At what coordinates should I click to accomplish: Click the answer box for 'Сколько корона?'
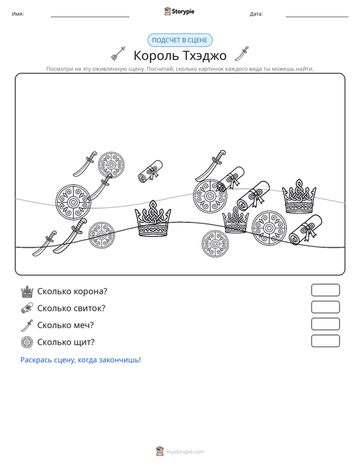pyautogui.click(x=325, y=290)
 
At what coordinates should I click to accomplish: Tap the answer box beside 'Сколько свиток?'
pyautogui.click(x=325, y=307)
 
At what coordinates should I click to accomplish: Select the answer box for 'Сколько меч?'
pyautogui.click(x=325, y=324)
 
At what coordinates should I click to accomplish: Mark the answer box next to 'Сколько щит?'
pyautogui.click(x=325, y=341)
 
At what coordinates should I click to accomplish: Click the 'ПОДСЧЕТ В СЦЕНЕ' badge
pyautogui.click(x=180, y=40)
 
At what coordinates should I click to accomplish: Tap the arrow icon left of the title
pyautogui.click(x=118, y=53)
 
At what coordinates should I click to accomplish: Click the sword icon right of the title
pyautogui.click(x=242, y=53)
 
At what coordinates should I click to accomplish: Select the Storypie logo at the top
pyautogui.click(x=179, y=11)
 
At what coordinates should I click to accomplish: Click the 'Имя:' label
pyautogui.click(x=18, y=14)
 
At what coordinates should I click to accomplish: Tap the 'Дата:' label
pyautogui.click(x=256, y=14)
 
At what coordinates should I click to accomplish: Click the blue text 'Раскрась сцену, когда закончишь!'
pyautogui.click(x=81, y=360)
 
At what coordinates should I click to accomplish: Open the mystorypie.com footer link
pyautogui.click(x=184, y=452)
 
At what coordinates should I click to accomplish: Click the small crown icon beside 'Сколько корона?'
pyautogui.click(x=27, y=292)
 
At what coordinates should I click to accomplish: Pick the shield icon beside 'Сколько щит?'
pyautogui.click(x=27, y=343)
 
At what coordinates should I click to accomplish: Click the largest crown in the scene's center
pyautogui.click(x=153, y=219)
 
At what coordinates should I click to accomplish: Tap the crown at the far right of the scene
pyautogui.click(x=299, y=196)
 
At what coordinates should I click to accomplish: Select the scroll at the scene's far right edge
pyautogui.click(x=305, y=230)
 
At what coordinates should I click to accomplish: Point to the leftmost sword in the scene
pyautogui.click(x=45, y=243)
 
